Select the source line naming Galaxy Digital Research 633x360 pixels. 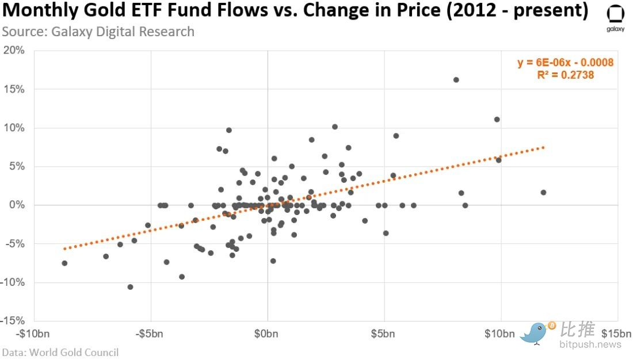pos(98,31)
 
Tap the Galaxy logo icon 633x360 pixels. pos(615,15)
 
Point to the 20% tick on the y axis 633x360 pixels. pos(14,51)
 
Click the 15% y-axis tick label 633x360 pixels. pos(14,89)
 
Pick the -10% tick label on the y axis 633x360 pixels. pos(13,282)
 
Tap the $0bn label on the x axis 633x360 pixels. pos(268,334)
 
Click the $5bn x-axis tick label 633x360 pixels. pos(383,334)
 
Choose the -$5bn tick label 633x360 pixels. pos(151,334)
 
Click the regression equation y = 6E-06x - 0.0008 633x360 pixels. pos(565,63)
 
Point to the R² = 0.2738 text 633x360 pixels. pos(565,75)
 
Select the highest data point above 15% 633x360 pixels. pos(456,80)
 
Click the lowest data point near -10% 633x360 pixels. pos(130,287)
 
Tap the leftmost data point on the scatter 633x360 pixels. pos(64,263)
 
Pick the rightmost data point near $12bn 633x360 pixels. pos(543,193)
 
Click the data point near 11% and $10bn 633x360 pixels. pos(497,120)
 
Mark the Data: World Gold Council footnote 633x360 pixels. pos(60,352)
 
